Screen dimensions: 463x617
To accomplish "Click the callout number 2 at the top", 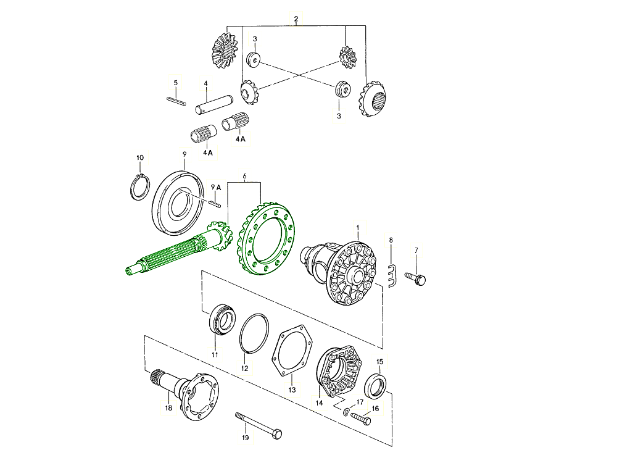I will coord(296,19).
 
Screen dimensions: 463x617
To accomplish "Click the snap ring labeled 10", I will coord(140,187).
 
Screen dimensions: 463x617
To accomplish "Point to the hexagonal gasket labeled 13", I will coord(291,352).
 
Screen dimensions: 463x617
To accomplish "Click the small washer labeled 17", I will coord(347,412).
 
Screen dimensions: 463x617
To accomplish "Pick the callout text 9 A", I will coord(215,186).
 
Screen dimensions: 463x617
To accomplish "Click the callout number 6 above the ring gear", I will coord(244,177).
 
